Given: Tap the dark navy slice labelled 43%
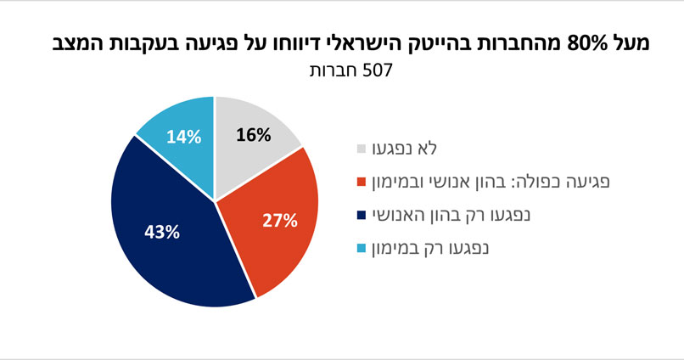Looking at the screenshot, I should coord(170,238).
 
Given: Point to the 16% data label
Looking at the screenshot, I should coord(253,135).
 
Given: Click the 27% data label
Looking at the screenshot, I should coord(279,222).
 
